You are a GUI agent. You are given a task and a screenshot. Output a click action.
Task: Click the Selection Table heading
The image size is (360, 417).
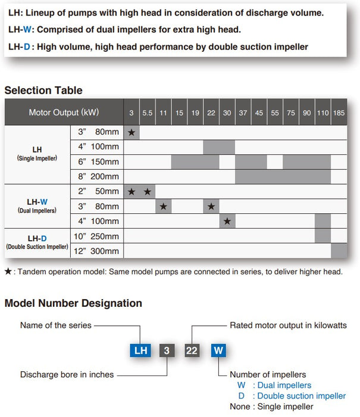pyautogui.click(x=43, y=91)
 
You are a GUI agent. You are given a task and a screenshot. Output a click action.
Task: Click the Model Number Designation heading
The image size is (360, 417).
pyautogui.click(x=73, y=303)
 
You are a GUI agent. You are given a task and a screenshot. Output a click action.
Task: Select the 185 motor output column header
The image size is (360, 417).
pyautogui.click(x=339, y=113)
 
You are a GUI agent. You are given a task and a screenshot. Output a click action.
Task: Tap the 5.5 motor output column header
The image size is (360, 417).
pyautogui.click(x=148, y=113)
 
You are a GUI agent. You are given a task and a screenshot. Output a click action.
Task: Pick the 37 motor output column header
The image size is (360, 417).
pyautogui.click(x=243, y=113)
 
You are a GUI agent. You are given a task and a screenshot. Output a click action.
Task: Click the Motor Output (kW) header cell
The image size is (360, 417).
pyautogui.click(x=64, y=113)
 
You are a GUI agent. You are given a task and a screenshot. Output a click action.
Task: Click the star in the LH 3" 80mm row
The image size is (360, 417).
pyautogui.click(x=132, y=132)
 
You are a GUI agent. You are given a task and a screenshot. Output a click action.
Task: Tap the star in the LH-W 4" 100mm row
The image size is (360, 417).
pyautogui.click(x=227, y=221)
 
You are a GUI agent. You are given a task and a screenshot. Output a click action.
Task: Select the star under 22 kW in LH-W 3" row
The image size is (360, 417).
pyautogui.click(x=211, y=206)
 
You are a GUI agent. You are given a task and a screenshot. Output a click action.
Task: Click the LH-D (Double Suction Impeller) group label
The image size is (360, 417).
pyautogui.click(x=37, y=242)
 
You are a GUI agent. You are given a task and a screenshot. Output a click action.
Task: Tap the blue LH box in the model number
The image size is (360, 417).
pyautogui.click(x=140, y=351)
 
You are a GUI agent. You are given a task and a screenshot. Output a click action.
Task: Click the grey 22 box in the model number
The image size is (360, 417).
pyautogui.click(x=192, y=351)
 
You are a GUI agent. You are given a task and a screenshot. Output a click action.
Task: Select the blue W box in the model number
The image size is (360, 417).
pyautogui.click(x=218, y=351)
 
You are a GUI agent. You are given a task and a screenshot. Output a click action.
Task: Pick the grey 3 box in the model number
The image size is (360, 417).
pyautogui.click(x=167, y=351)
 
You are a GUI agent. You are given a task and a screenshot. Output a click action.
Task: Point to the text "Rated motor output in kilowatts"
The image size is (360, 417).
pyautogui.click(x=288, y=326)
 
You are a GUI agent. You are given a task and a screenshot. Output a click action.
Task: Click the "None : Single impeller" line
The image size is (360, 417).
pyautogui.click(x=271, y=407)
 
